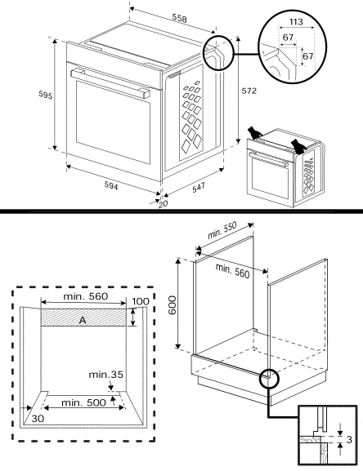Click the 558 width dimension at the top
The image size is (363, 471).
(179, 19)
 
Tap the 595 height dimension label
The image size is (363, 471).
(46, 95)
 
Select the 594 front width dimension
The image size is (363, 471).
(111, 186)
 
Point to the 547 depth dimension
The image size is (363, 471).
(199, 188)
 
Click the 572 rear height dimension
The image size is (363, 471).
(249, 91)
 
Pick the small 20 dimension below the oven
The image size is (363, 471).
(163, 204)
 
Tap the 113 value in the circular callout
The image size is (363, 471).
(296, 21)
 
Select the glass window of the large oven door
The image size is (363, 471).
(113, 122)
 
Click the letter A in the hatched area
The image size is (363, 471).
(83, 321)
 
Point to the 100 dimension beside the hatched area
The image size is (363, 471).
(141, 301)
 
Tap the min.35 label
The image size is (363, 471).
(105, 375)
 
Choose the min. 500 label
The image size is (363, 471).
(83, 402)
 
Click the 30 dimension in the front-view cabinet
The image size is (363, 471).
(38, 418)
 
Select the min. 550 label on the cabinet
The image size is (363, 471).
(222, 230)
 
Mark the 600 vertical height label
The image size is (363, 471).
(172, 305)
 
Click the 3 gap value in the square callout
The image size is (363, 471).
(349, 440)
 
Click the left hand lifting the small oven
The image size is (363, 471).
(254, 133)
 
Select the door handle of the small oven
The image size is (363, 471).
(268, 159)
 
